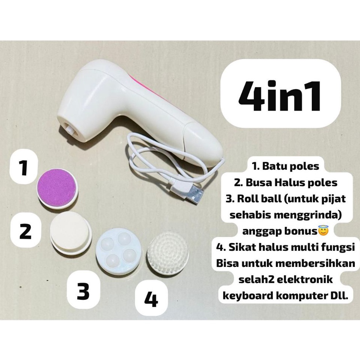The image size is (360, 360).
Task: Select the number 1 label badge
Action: tap(24, 169)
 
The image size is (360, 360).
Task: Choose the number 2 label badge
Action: tap(25, 231)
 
